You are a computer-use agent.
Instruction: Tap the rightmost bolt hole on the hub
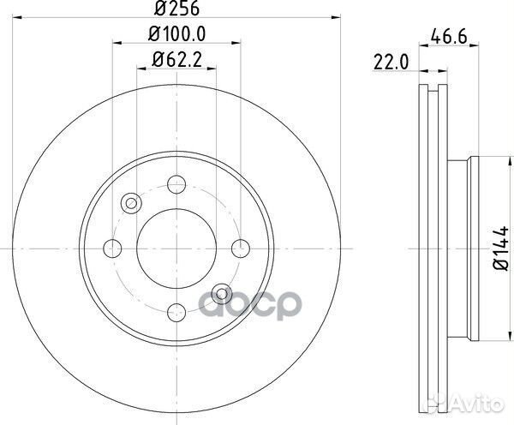tap(243, 248)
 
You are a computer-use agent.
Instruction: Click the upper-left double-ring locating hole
tap(131, 203)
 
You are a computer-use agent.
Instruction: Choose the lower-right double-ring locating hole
tap(223, 294)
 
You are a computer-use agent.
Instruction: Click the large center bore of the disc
tap(176, 248)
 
